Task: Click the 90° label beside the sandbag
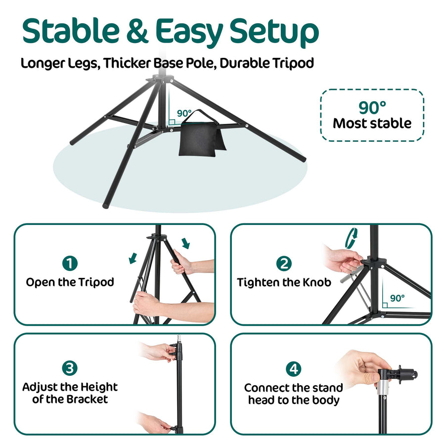coord(184,112)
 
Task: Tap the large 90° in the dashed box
coord(372,107)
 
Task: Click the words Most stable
coord(372,123)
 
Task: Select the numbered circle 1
coord(70,263)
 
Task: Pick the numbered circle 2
coord(284,263)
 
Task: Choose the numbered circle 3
coord(70,368)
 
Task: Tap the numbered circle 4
coord(294,369)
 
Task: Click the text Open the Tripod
coord(70,282)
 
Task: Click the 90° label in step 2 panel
coord(397,298)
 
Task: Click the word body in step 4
coord(325,400)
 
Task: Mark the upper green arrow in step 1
coord(185,243)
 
